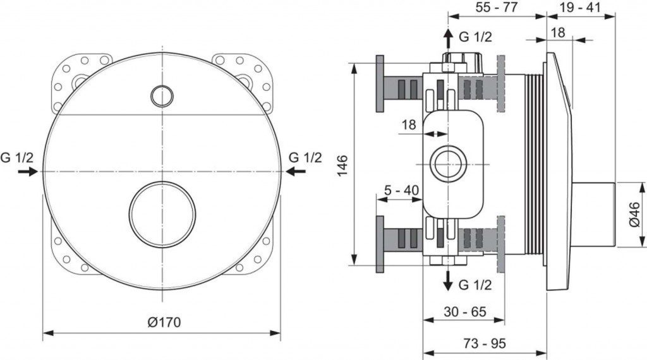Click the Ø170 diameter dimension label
tap(164, 321)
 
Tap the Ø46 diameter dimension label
tap(635, 214)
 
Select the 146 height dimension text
tap(342, 165)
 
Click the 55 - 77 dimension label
tap(497, 7)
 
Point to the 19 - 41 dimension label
tap(580, 7)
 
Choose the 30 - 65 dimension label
tap(465, 311)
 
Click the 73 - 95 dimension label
tap(484, 343)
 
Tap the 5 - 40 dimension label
tap(401, 190)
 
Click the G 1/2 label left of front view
tap(16, 157)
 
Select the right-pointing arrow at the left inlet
tap(28, 172)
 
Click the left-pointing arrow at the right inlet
tap(296, 171)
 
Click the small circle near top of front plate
tap(162, 95)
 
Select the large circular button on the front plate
tap(162, 214)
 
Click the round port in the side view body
tap(449, 164)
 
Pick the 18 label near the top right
tap(558, 32)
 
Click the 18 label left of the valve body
tap(409, 124)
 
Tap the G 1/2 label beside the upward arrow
tap(475, 37)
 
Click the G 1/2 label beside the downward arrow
tap(475, 284)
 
